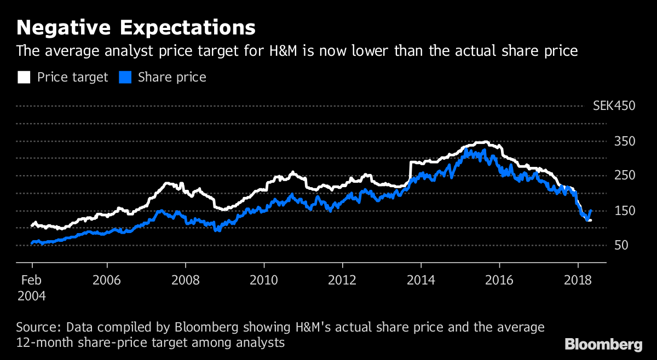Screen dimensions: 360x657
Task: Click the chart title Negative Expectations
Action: (x=136, y=28)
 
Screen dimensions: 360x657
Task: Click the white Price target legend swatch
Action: (x=24, y=77)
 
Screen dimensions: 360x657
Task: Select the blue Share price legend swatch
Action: (x=125, y=77)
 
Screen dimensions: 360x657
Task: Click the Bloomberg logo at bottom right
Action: (x=603, y=345)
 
